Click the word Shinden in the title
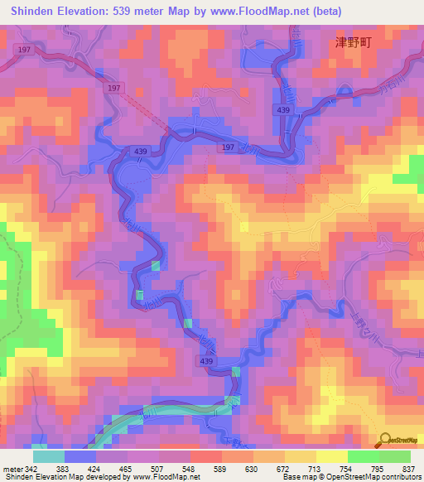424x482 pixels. click(35, 11)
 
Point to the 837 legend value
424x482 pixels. click(408, 469)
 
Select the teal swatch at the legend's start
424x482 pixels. click(48, 456)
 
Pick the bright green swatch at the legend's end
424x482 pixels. click(394, 456)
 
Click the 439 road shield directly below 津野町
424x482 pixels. click(283, 109)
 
